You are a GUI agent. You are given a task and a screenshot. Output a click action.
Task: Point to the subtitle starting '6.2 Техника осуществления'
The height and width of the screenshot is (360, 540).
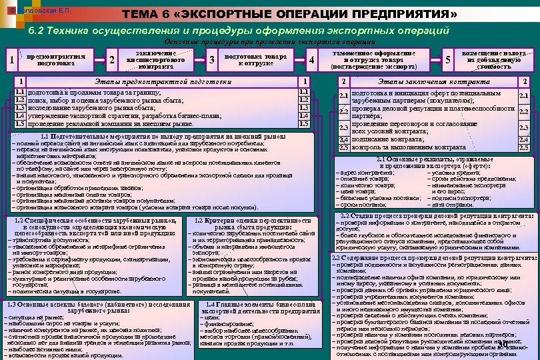pyautogui.click(x=236, y=31)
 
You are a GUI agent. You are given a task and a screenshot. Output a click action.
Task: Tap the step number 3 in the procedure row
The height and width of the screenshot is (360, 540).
pyautogui.click(x=211, y=60)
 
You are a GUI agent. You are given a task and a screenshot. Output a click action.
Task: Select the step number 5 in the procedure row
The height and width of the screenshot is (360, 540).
pyautogui.click(x=448, y=60)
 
